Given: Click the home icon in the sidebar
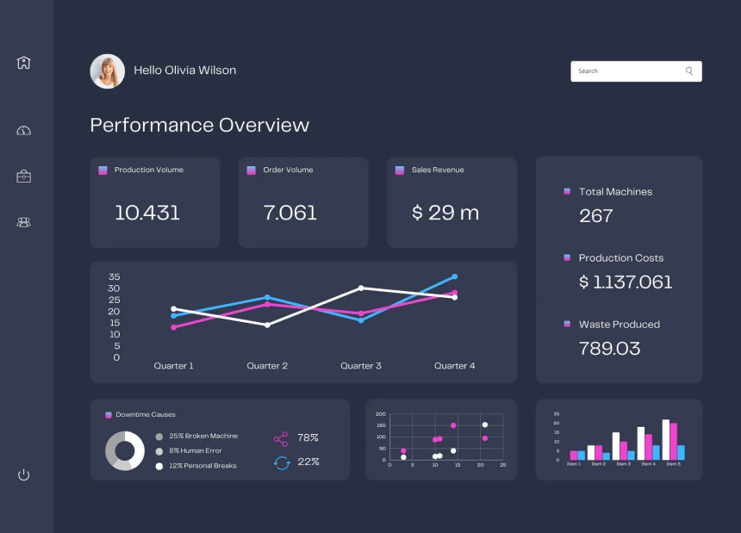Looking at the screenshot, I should pyautogui.click(x=23, y=63).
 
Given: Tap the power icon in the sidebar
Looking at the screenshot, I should pyautogui.click(x=23, y=474).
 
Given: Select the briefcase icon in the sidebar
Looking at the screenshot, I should pyautogui.click(x=23, y=177).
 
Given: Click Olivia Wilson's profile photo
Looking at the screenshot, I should pyautogui.click(x=108, y=71).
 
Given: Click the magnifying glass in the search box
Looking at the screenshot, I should pyautogui.click(x=689, y=71).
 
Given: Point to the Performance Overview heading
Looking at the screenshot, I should pyautogui.click(x=199, y=125).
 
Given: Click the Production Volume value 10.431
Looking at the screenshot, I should pyautogui.click(x=147, y=213).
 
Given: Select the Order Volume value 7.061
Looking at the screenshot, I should pyautogui.click(x=290, y=213).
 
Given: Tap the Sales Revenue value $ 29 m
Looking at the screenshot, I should pyautogui.click(x=445, y=213).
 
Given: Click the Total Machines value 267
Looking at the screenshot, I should pyautogui.click(x=596, y=215).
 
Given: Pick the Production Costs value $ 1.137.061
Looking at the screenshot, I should pyautogui.click(x=626, y=282).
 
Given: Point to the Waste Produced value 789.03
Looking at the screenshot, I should pyautogui.click(x=610, y=348).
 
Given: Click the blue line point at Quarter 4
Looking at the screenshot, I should pyautogui.click(x=454, y=277).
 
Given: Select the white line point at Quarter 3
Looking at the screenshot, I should pyautogui.click(x=361, y=288).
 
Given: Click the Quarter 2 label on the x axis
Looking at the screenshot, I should pyautogui.click(x=267, y=366).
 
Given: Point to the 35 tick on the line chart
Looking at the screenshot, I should pyautogui.click(x=114, y=276).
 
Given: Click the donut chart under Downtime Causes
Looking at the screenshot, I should pyautogui.click(x=125, y=450).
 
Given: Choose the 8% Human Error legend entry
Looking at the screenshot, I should pyautogui.click(x=195, y=450).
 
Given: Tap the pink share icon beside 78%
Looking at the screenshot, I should pyautogui.click(x=281, y=438).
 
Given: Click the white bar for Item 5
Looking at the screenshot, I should pyautogui.click(x=666, y=440).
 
